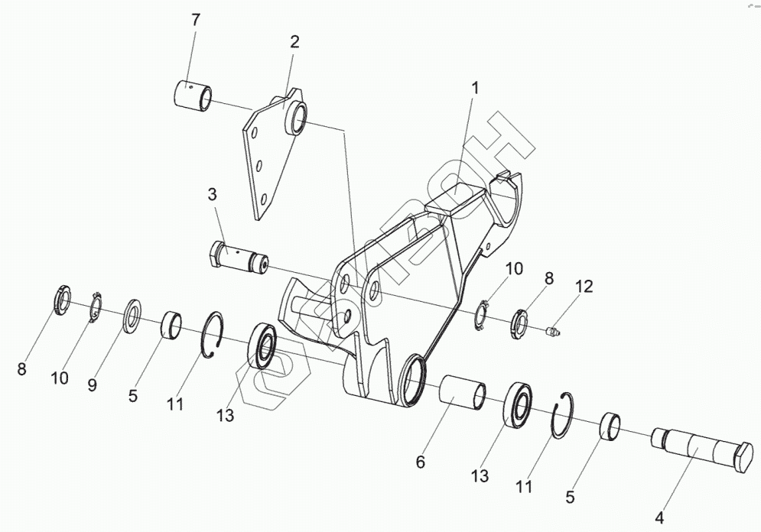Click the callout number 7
pyautogui.click(x=195, y=20)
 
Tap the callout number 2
pyautogui.click(x=294, y=42)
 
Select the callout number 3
pyautogui.click(x=213, y=196)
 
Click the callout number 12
pyautogui.click(x=584, y=287)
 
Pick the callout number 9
pyautogui.click(x=92, y=385)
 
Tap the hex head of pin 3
pyautogui.click(x=216, y=253)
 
